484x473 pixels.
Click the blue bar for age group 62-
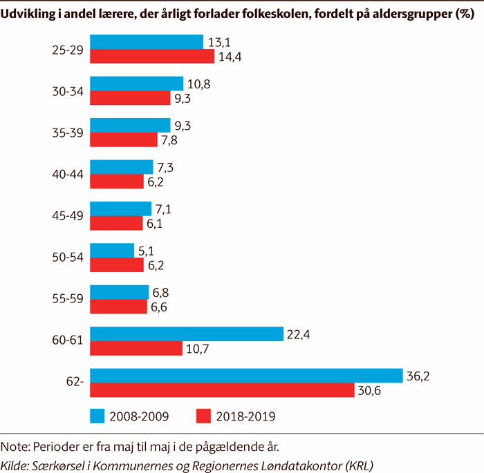coord(246,375)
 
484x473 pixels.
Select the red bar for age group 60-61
coord(136,347)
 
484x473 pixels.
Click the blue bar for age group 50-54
coord(112,250)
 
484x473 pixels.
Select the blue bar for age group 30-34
coord(137,84)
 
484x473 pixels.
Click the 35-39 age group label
coord(68,133)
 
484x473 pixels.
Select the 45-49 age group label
coord(68,215)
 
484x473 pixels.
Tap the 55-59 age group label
coord(68,299)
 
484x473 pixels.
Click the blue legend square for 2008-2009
coord(97,416)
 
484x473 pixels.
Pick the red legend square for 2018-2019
coord(203,416)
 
